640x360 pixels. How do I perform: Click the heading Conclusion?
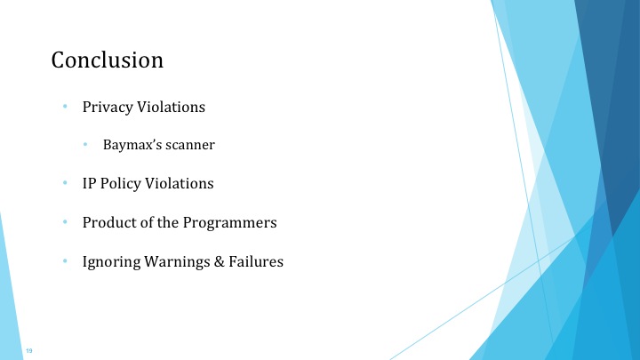(x=108, y=60)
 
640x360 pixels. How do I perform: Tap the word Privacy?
(x=107, y=108)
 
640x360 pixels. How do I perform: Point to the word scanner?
(x=192, y=144)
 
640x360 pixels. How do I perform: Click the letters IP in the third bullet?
(x=90, y=184)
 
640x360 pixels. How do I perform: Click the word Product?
(x=108, y=222)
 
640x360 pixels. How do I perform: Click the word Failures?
(x=257, y=262)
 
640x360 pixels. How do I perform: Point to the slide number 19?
(x=30, y=353)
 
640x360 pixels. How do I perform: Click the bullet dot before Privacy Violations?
(x=65, y=108)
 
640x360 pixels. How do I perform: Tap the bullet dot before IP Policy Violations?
(x=65, y=184)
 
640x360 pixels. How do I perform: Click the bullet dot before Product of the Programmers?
(x=65, y=222)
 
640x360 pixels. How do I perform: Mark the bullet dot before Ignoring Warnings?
(x=65, y=262)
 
